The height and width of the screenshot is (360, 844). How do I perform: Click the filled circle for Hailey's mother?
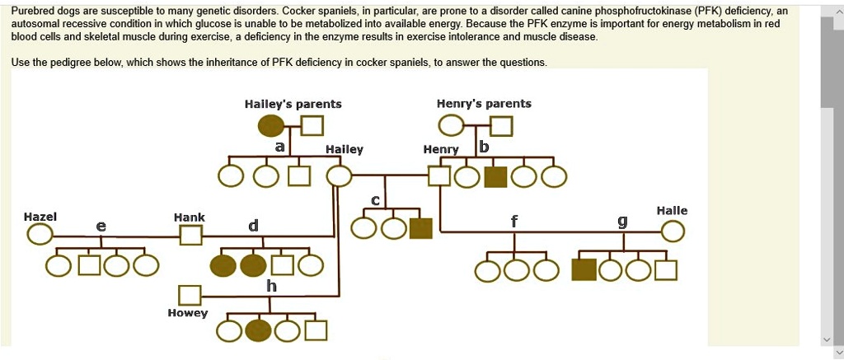pyautogui.click(x=272, y=126)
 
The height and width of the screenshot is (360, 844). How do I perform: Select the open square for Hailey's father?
pyautogui.click(x=312, y=126)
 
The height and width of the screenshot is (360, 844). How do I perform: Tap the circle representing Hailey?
pyautogui.click(x=339, y=176)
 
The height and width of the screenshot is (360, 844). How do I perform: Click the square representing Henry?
pyautogui.click(x=439, y=176)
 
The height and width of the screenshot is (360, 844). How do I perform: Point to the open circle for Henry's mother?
pyautogui.click(x=451, y=126)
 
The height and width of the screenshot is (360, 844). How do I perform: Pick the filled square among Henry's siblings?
pyautogui.click(x=495, y=176)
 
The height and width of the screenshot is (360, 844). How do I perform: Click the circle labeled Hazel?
pyautogui.click(x=40, y=235)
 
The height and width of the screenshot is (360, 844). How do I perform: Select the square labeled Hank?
pyautogui.click(x=190, y=235)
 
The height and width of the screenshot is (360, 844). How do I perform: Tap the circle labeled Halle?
pyautogui.click(x=673, y=233)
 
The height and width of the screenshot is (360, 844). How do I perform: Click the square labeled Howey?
pyautogui.click(x=190, y=294)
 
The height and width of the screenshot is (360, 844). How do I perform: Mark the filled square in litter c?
pyautogui.click(x=420, y=227)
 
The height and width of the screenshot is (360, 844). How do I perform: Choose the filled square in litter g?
pyautogui.click(x=584, y=269)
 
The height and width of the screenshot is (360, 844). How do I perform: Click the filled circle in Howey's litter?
pyautogui.click(x=259, y=330)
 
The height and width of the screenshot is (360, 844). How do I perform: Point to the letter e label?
pyautogui.click(x=101, y=225)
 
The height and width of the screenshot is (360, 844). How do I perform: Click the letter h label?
pyautogui.click(x=271, y=286)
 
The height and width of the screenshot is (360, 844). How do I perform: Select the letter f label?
pyautogui.click(x=514, y=221)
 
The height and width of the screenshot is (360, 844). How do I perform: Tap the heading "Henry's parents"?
pyautogui.click(x=484, y=104)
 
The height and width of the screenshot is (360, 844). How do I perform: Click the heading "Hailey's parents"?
pyautogui.click(x=293, y=104)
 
